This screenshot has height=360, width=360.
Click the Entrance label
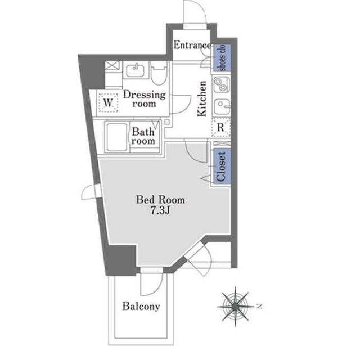click(192, 45)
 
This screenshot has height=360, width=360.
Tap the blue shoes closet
click(222, 57)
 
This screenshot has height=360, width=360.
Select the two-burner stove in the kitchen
click(221, 84)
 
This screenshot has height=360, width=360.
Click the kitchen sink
click(222, 106)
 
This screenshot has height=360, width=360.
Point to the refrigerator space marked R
click(221, 127)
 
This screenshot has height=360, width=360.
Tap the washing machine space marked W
click(108, 102)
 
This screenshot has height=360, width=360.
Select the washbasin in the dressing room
click(136, 70)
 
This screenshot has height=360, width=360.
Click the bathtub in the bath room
click(117, 137)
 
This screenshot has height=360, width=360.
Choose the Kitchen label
click(202, 99)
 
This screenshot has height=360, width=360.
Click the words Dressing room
click(144, 99)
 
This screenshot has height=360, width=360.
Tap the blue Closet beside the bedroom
click(222, 166)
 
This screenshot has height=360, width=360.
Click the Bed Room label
click(160, 200)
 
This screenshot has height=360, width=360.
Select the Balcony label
click(141, 306)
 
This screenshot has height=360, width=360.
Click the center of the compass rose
click(236, 306)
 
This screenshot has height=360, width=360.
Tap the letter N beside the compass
click(260, 306)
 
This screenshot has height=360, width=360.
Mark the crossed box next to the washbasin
click(112, 65)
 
